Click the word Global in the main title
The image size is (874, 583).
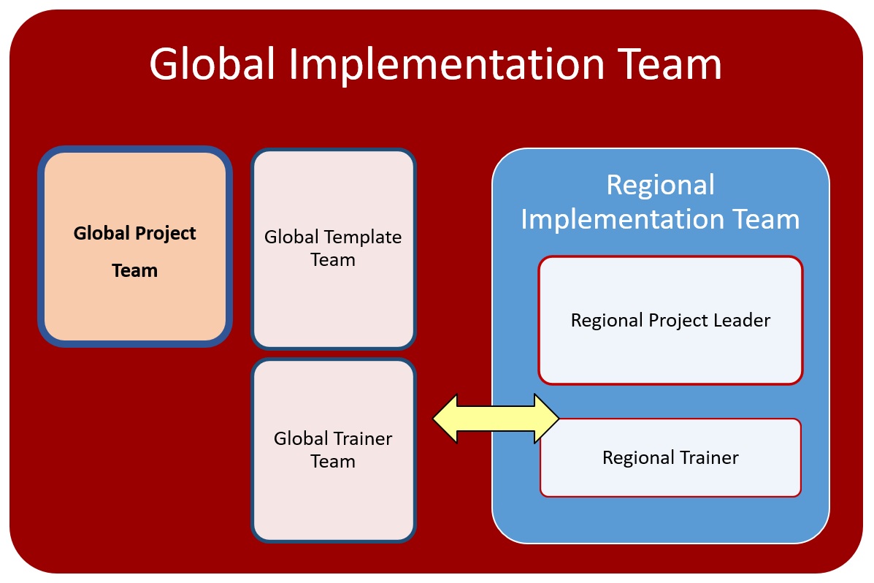(212, 64)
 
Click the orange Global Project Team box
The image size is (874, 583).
(135, 247)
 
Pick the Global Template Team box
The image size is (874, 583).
(334, 249)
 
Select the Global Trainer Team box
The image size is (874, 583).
(334, 450)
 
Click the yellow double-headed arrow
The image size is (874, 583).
(496, 419)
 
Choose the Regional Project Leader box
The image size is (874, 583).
(670, 320)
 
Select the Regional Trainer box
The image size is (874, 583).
(670, 457)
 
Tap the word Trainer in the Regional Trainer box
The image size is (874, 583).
(710, 457)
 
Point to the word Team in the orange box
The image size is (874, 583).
(135, 270)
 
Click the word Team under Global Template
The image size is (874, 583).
(333, 260)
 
